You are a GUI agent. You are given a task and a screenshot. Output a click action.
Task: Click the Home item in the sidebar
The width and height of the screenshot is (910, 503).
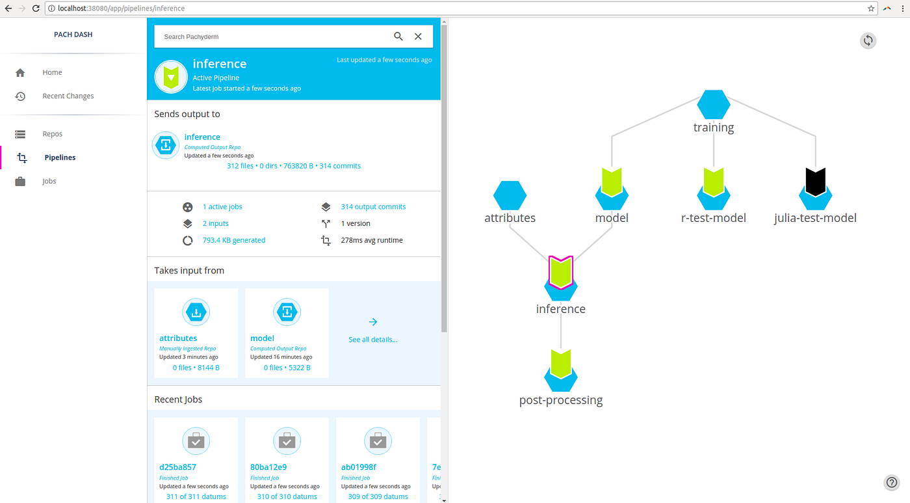[52, 72]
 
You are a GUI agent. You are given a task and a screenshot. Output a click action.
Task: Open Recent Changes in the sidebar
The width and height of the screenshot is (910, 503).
[68, 96]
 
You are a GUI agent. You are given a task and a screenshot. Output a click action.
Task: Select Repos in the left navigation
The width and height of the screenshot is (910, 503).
[52, 134]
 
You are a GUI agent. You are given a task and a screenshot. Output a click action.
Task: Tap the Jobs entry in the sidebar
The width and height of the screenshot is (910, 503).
[49, 181]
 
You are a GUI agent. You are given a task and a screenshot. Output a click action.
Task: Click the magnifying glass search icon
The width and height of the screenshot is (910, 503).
[398, 36]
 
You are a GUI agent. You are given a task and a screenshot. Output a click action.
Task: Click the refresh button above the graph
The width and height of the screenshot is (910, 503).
[868, 40]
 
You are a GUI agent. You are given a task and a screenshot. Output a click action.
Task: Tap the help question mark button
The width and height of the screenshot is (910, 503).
[891, 482]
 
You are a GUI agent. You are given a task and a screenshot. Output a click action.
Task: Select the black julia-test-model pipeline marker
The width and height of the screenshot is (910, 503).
[815, 182]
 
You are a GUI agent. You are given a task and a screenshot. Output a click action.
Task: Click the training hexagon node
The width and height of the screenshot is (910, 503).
[714, 105]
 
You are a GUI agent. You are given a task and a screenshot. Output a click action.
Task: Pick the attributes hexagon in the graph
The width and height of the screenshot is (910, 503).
[510, 196]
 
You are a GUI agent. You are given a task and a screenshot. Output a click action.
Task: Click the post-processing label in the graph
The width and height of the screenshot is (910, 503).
[560, 400]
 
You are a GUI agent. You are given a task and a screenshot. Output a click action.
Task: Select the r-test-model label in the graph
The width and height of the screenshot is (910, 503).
[714, 218]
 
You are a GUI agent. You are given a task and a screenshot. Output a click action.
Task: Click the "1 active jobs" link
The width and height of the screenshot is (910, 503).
[222, 206]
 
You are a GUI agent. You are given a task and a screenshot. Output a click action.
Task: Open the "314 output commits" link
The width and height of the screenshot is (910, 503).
[373, 206]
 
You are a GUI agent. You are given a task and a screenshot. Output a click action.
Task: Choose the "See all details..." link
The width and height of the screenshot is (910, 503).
[373, 340]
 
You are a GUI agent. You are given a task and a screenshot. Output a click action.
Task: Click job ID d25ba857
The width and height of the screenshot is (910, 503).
[177, 467]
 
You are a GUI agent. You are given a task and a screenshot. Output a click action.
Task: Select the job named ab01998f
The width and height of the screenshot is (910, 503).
[359, 467]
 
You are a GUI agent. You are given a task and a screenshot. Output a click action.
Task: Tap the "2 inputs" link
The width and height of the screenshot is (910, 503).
[215, 223]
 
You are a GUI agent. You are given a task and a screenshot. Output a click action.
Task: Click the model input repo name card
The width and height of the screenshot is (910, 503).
[262, 338]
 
